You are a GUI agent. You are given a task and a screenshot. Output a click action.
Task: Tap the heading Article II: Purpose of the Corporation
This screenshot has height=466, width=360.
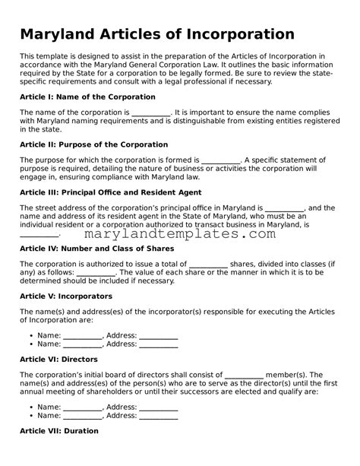click(93, 144)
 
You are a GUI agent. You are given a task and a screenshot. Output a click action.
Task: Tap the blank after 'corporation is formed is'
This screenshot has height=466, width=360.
click(222, 160)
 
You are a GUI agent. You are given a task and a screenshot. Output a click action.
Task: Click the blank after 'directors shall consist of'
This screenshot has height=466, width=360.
click(245, 375)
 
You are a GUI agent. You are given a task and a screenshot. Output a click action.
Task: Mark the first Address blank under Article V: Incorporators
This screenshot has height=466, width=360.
click(159, 335)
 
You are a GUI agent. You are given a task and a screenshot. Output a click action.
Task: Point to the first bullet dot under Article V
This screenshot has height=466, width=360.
click(31, 335)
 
